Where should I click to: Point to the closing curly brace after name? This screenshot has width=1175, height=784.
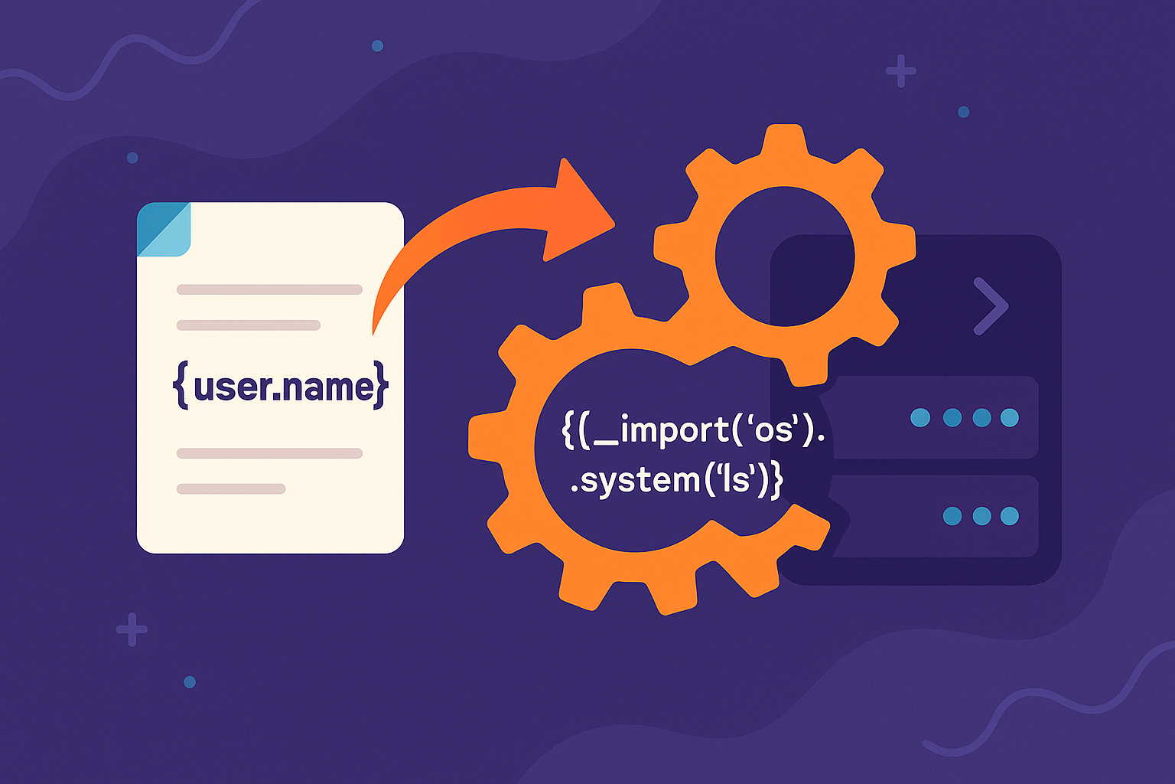point(381,386)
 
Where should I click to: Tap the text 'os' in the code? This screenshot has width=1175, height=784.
point(773,430)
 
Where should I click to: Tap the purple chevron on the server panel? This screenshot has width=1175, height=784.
point(991,306)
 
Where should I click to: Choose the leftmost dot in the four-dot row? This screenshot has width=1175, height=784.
point(920,417)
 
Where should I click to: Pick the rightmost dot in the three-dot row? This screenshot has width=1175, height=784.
point(1010,515)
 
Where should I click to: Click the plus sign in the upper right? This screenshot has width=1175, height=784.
point(900,71)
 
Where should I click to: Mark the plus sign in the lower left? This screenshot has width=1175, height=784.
point(132,629)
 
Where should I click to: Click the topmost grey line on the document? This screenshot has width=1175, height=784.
point(269,289)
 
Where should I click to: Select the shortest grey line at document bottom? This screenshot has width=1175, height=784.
point(231,488)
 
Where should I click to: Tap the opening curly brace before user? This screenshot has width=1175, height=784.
point(181,386)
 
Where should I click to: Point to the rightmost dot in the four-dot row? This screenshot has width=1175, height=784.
point(1010,417)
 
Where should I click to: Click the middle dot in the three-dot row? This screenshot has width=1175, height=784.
point(981,515)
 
